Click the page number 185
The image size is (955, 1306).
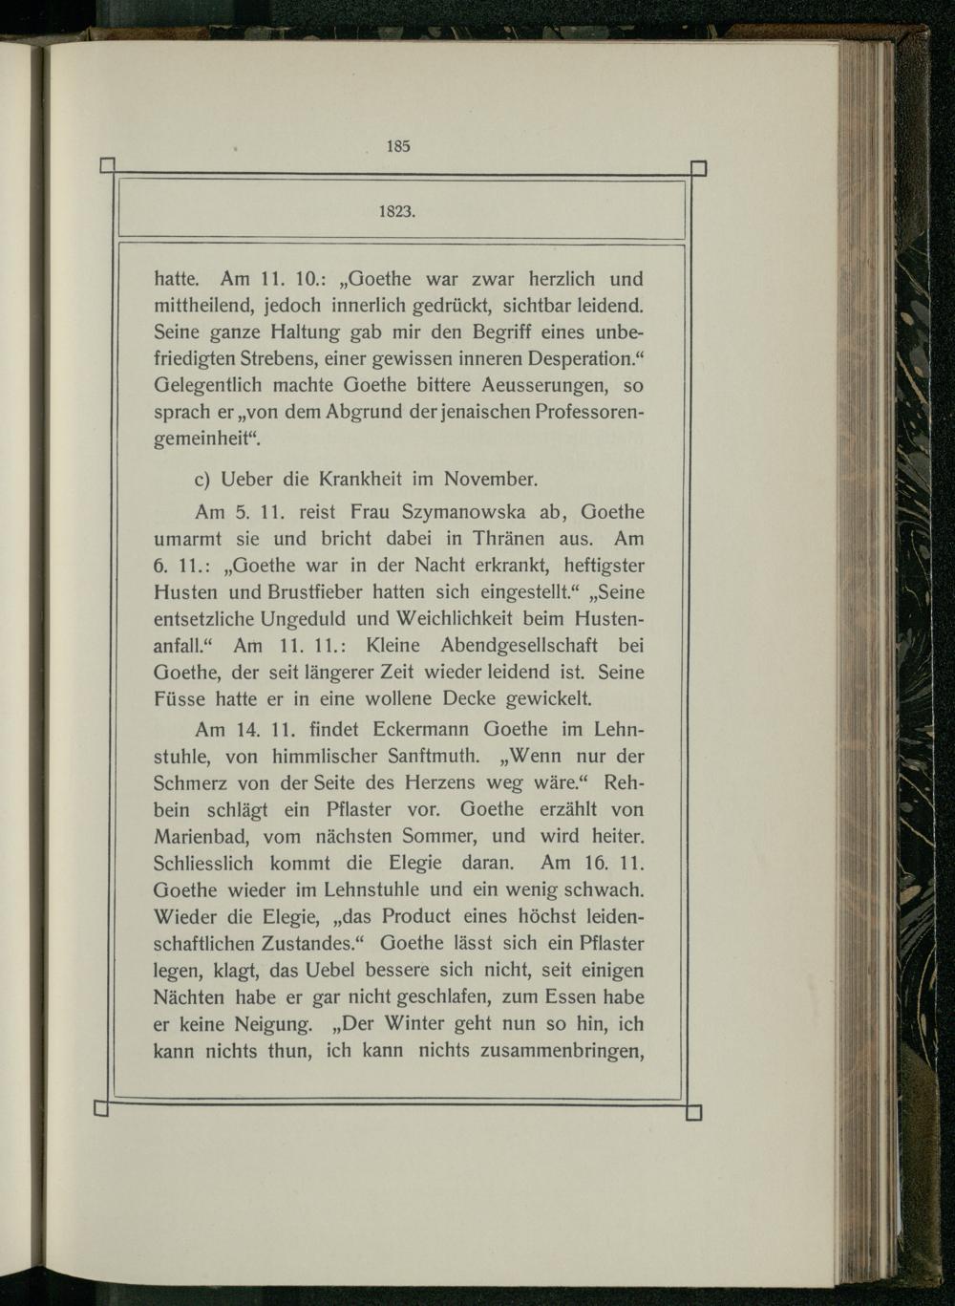(x=398, y=146)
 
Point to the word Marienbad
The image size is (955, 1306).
(x=202, y=836)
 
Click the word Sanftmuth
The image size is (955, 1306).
(x=430, y=756)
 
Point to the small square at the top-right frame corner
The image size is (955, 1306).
(x=698, y=169)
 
